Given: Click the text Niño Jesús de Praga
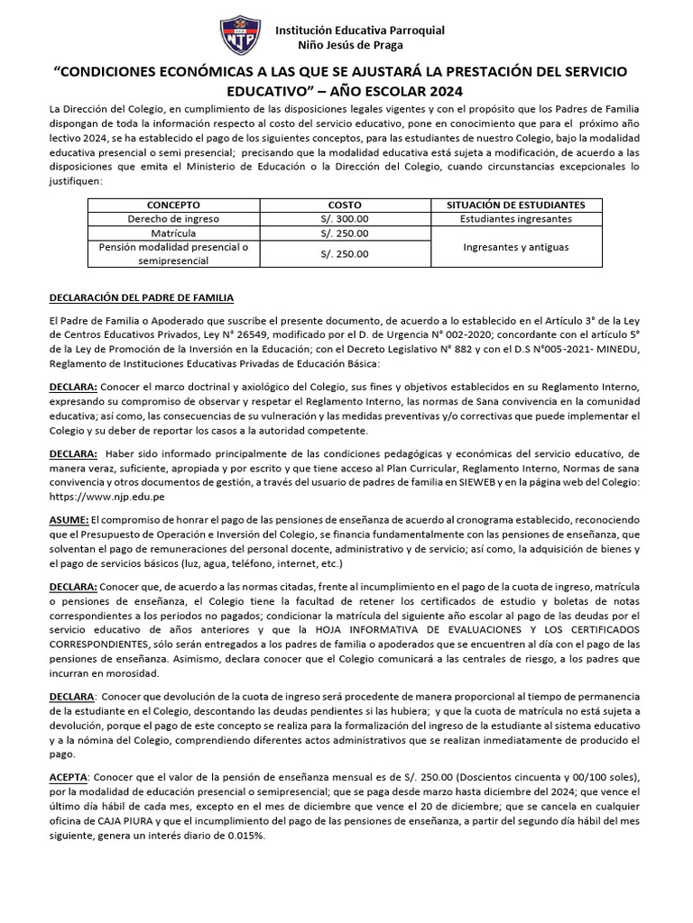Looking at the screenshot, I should [350, 45].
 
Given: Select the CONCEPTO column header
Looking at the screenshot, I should [173, 206].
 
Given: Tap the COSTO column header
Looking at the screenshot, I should [344, 206].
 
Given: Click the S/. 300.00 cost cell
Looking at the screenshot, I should [344, 219].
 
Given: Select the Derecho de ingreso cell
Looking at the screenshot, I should [173, 219].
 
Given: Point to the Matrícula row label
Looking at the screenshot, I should [173, 233].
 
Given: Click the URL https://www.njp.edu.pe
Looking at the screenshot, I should [107, 497].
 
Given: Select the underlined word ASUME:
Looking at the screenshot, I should [69, 520].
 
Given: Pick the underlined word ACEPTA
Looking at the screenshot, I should [69, 776].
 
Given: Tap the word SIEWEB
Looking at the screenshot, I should [476, 482].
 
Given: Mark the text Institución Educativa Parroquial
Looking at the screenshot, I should [359, 30].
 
